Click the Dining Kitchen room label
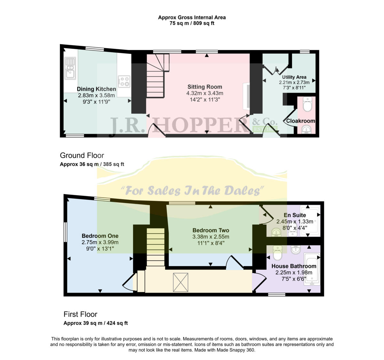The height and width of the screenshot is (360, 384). (96, 89)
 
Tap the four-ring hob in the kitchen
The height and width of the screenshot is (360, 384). (124, 81)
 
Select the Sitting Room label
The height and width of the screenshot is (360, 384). (205, 87)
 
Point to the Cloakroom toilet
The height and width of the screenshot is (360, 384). (308, 105)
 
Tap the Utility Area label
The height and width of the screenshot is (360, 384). (294, 77)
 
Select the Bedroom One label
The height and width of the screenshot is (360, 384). (100, 236)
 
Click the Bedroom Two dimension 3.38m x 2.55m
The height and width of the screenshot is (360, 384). (211, 237)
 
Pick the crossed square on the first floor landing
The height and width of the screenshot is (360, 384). (181, 282)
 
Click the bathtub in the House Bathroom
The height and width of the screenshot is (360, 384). (311, 269)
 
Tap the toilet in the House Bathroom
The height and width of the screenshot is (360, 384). (277, 253)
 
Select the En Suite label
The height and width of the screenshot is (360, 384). (295, 215)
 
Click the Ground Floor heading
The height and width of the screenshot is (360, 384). (82, 156)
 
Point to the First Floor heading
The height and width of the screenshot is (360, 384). (80, 314)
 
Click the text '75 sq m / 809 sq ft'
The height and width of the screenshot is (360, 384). (192, 23)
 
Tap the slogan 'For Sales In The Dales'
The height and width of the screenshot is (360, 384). (192, 191)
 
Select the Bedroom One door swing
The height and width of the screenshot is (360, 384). (129, 283)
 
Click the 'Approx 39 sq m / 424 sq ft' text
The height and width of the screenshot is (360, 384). (96, 323)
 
